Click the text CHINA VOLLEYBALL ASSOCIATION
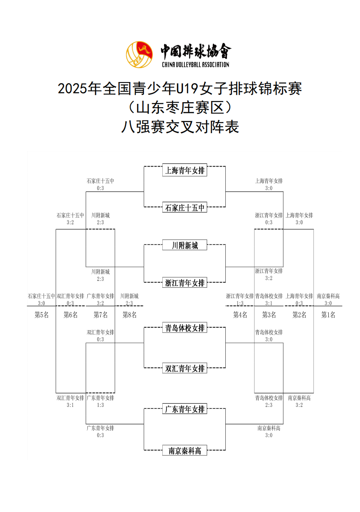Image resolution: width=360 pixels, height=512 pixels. (x=195, y=64)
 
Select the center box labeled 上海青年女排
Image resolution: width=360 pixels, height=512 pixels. (x=185, y=170)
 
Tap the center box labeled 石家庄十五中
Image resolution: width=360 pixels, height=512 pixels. (x=185, y=208)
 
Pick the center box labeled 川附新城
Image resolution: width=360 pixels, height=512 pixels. (x=185, y=245)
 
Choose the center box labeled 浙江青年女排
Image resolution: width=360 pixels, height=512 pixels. (x=185, y=283)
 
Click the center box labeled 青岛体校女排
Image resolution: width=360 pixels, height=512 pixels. (x=185, y=328)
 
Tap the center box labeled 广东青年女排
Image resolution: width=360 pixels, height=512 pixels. (x=185, y=409)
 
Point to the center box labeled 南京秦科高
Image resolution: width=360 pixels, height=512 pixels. (x=185, y=451)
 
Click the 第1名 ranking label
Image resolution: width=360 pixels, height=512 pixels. (x=328, y=315)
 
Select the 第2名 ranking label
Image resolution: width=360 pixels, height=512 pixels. (x=299, y=315)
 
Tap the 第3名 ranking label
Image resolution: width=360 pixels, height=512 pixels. (x=269, y=315)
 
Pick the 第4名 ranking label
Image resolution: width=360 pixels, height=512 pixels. (x=240, y=315)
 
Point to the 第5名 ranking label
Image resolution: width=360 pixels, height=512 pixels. (x=41, y=315)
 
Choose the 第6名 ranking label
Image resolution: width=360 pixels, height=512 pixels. (x=70, y=315)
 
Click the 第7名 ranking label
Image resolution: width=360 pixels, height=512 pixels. (x=101, y=315)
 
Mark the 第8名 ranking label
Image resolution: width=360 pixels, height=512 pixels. (x=129, y=315)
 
